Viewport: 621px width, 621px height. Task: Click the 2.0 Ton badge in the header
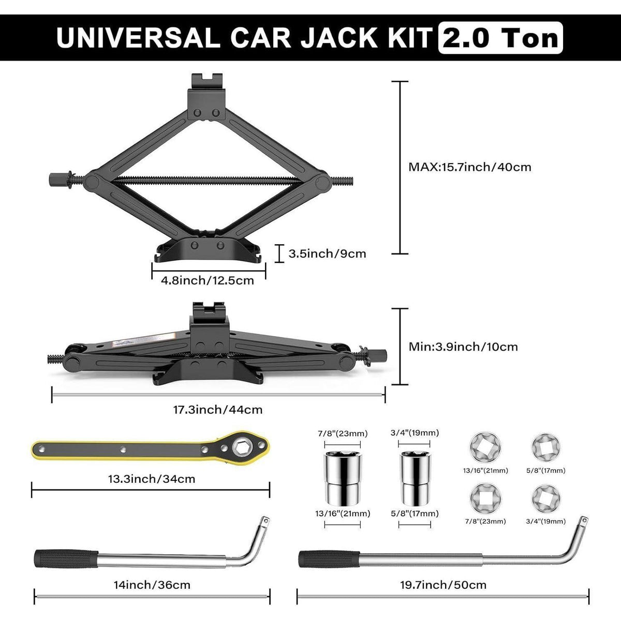(x=500, y=38)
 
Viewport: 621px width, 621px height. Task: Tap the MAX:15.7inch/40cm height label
(x=470, y=167)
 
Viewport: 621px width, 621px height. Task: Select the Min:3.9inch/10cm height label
(x=463, y=347)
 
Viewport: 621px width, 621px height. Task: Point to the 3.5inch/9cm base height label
(x=327, y=254)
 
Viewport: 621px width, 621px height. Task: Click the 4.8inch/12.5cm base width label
(x=208, y=280)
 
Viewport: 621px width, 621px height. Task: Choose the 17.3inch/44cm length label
(x=218, y=410)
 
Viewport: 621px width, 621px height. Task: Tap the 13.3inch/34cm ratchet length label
(x=152, y=479)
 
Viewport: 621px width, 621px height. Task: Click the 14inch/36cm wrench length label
(x=152, y=585)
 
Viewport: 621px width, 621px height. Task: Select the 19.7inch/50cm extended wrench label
(x=443, y=585)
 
